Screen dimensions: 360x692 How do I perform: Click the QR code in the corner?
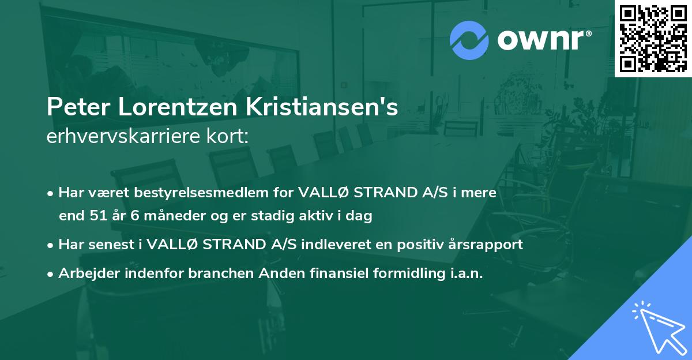pyautogui.click(x=653, y=38)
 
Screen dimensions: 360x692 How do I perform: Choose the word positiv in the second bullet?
pyautogui.click(x=412, y=244)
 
